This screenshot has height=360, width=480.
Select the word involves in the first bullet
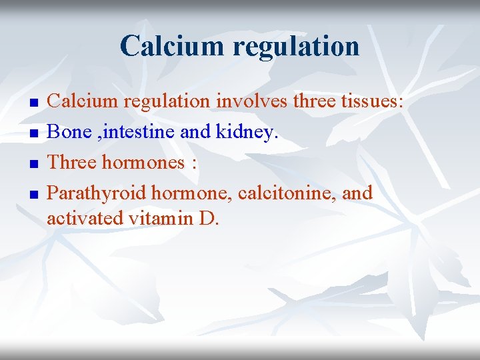244,101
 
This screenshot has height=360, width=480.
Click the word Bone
69,132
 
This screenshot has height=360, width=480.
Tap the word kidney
246,133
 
